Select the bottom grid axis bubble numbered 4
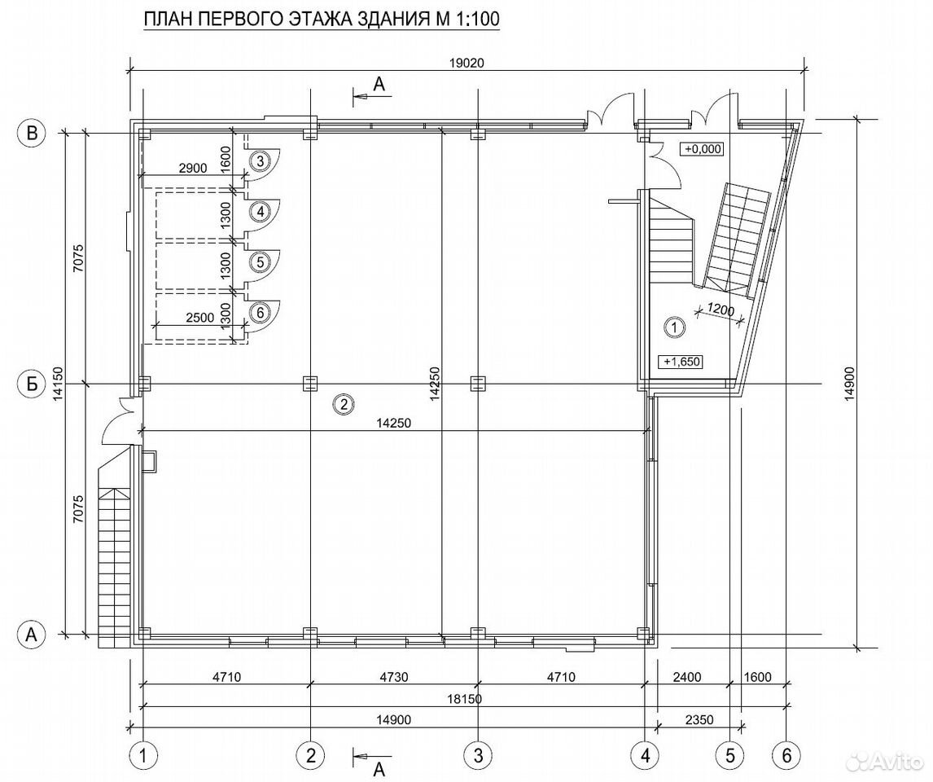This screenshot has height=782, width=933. [x=645, y=756]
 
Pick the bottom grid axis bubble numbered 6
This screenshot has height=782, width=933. [x=787, y=756]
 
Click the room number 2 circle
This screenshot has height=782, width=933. [x=344, y=405]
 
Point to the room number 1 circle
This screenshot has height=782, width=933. [x=675, y=326]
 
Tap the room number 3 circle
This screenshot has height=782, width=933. [x=260, y=160]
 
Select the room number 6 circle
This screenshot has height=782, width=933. [x=260, y=311]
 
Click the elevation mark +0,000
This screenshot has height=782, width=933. [x=703, y=149]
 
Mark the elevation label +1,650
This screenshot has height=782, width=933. [x=681, y=361]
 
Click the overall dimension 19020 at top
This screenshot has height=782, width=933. [x=467, y=64]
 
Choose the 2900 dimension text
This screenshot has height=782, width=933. [x=193, y=169]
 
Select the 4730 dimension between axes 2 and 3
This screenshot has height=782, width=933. [x=394, y=677]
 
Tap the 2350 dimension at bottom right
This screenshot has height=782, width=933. [x=699, y=720]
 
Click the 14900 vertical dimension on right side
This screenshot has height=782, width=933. [x=849, y=384]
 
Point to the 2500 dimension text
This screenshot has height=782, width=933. [x=199, y=318]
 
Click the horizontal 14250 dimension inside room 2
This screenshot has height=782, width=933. [x=394, y=423]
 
